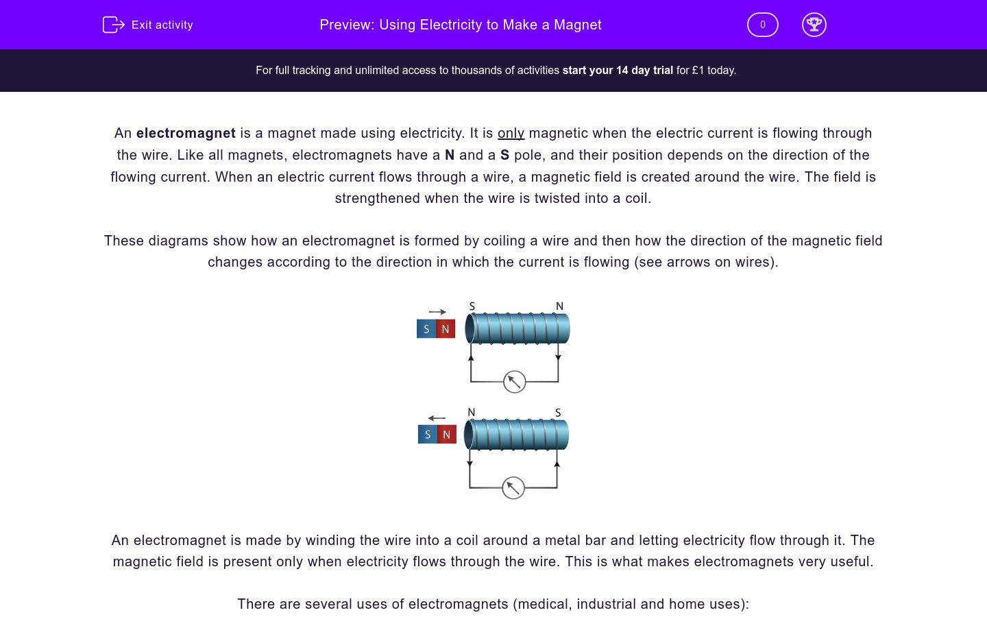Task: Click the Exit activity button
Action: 148,25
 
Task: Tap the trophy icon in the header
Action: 814,25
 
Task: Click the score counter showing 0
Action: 762,25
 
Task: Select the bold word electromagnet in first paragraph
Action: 186,133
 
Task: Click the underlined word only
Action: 511,133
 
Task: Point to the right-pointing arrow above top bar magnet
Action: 437,312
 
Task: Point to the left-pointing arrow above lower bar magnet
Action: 437,418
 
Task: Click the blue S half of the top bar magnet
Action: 426,329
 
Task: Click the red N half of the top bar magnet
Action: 446,329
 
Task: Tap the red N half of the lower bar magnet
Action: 447,435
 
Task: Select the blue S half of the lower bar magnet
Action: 428,435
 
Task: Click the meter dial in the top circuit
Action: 514,382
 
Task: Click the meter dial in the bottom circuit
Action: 513,488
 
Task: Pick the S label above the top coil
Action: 472,306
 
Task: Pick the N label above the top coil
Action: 559,306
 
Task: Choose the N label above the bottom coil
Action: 472,413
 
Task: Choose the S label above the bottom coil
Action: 558,413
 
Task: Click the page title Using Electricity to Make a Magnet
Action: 461,25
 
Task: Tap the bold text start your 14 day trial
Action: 618,70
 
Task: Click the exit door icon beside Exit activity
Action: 113,25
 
